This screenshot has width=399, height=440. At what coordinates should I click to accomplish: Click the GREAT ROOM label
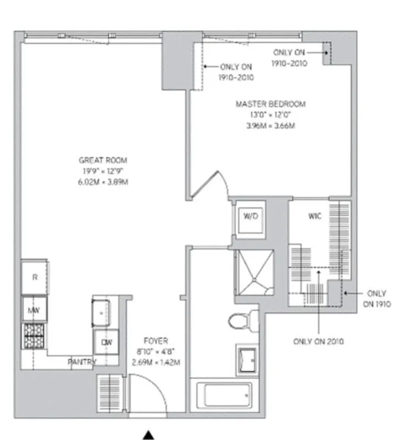(x=103, y=160)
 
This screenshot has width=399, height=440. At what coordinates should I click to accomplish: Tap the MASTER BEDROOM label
(x=270, y=104)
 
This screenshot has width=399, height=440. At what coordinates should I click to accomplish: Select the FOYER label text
(x=156, y=341)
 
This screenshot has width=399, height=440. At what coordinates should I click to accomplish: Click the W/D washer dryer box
(x=251, y=217)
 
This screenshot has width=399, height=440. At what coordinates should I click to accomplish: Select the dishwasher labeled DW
(x=106, y=342)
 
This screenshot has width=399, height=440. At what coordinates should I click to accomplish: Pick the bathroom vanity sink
(x=247, y=359)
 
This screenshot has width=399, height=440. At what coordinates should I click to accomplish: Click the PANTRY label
(x=82, y=362)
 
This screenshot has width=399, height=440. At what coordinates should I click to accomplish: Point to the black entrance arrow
(x=148, y=435)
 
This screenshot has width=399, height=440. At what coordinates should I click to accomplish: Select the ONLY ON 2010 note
(x=318, y=342)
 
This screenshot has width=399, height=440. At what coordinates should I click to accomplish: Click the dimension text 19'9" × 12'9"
(x=103, y=170)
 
